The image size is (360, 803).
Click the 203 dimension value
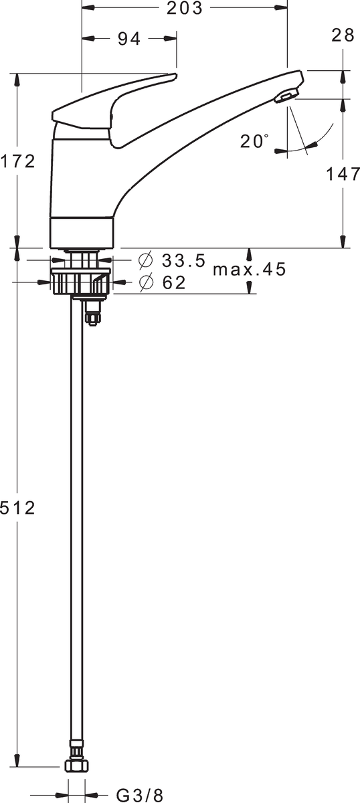184,8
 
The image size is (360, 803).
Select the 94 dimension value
129,39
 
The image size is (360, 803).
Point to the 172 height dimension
18,161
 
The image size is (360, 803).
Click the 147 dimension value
343,174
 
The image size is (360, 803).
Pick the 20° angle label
254,141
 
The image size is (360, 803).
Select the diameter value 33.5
183,260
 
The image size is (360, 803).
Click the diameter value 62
174,282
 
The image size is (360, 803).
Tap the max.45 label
250,269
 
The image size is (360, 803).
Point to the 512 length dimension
18,508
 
